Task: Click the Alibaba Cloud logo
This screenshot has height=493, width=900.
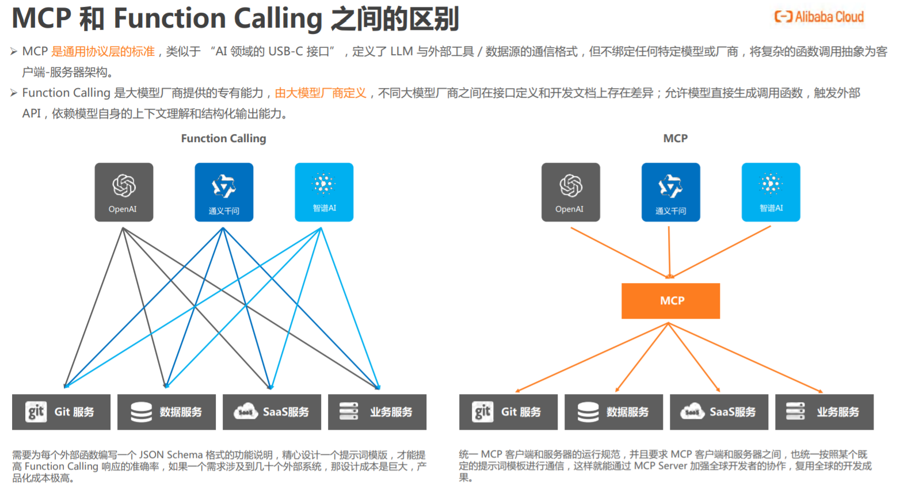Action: [x=819, y=17]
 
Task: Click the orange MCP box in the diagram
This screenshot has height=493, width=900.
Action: [x=670, y=301]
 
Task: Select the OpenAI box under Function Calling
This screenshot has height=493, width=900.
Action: [x=124, y=192]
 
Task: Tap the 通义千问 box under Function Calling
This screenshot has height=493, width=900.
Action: [x=224, y=192]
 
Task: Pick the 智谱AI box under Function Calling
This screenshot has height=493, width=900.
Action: [x=324, y=192]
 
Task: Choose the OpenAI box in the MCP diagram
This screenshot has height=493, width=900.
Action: [x=570, y=192]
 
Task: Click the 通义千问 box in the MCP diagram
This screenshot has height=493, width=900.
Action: [x=670, y=192]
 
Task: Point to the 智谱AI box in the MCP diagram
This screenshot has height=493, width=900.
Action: [x=771, y=192]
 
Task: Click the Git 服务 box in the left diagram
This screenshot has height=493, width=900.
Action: [x=61, y=412]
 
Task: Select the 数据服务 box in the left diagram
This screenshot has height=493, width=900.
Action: [x=166, y=412]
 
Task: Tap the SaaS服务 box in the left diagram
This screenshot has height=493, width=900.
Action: [x=272, y=412]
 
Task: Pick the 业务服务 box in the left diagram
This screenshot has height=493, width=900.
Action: [x=377, y=412]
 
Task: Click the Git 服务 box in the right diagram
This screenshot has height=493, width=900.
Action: [x=508, y=412]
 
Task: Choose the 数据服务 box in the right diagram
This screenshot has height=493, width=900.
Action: [x=613, y=412]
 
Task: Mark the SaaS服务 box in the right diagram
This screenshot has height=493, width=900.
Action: [x=719, y=412]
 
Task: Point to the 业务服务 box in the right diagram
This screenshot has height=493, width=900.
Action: [x=824, y=412]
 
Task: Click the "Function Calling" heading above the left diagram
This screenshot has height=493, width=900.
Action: [x=223, y=139]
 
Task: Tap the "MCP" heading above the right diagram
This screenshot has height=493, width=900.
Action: [x=675, y=139]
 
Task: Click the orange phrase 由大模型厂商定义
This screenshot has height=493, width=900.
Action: [x=321, y=93]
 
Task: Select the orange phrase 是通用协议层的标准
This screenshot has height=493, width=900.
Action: [x=103, y=52]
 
